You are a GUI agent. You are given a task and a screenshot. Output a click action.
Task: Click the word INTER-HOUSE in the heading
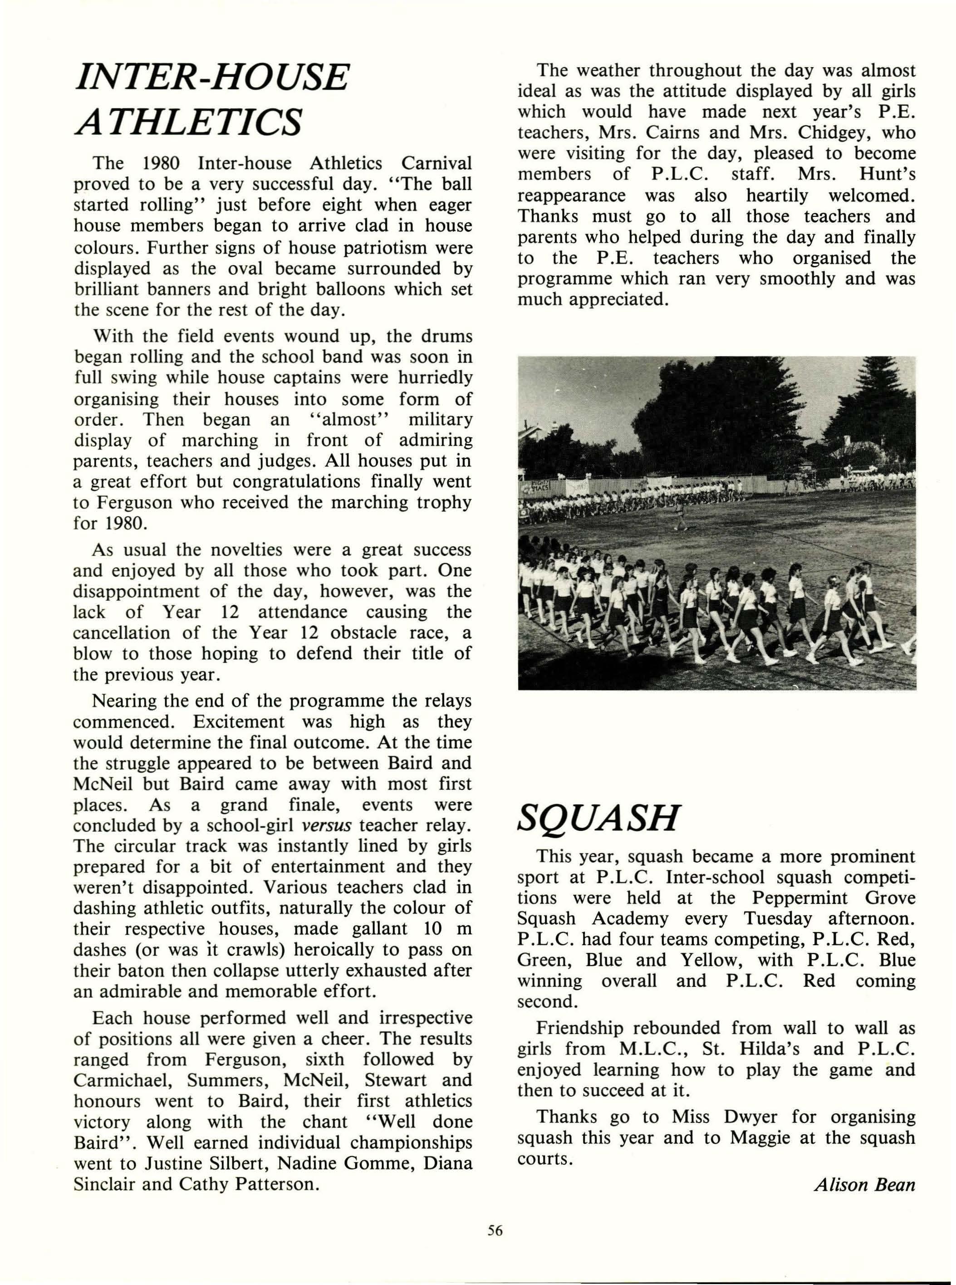(x=212, y=77)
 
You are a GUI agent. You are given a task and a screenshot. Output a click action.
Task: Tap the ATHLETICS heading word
(x=188, y=122)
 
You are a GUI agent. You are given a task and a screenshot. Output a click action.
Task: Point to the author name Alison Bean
(x=864, y=1184)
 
